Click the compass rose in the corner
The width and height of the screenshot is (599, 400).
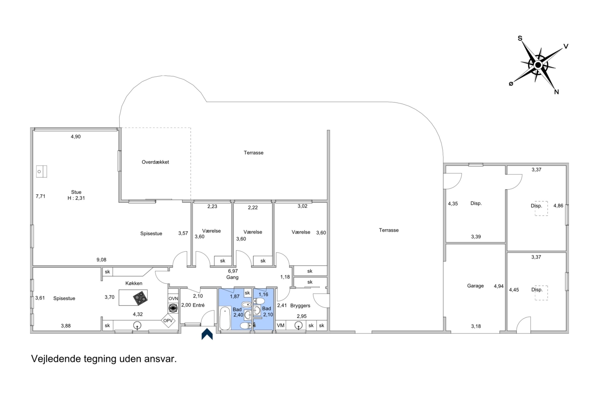(x=538, y=65)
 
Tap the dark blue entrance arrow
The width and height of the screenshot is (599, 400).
(x=207, y=334)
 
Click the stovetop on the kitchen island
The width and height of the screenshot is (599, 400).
(x=140, y=297)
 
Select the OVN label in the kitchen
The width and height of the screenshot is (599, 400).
(x=173, y=299)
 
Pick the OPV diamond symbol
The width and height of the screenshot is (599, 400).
(x=168, y=320)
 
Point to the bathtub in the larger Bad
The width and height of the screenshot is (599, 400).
(x=225, y=318)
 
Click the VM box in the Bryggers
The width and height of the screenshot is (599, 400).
(x=281, y=325)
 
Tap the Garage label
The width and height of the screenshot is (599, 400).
(x=475, y=286)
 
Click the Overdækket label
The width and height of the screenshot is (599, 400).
(x=155, y=162)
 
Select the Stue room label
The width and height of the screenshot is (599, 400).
(x=76, y=192)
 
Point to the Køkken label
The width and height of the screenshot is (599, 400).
(x=134, y=283)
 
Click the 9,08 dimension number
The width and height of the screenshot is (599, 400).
(x=101, y=260)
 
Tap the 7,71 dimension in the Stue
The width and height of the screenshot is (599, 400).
(x=40, y=196)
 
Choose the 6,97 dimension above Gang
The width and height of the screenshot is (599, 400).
(x=233, y=271)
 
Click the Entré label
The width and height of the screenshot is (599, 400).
(x=199, y=305)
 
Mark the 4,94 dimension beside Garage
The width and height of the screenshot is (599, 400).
(x=499, y=286)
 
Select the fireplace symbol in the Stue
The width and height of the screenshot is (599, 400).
(x=41, y=171)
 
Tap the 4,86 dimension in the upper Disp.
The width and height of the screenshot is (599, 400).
(x=558, y=206)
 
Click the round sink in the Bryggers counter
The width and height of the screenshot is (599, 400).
(x=298, y=326)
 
